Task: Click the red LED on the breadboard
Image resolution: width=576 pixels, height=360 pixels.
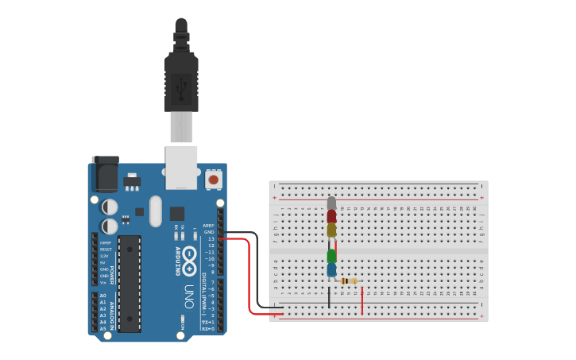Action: [331, 215]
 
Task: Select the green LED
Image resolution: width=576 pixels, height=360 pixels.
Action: [331, 256]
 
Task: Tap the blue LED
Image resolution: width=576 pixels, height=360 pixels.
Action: [331, 270]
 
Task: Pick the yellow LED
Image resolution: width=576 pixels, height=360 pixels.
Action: [331, 230]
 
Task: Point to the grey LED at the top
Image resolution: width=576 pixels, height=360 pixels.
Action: [331, 203]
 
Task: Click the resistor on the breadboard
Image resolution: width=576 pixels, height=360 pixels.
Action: [348, 281]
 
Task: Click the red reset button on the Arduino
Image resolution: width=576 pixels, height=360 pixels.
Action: [213, 180]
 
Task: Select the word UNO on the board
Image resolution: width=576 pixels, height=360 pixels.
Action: [189, 295]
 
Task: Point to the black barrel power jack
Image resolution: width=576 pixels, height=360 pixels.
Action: [105, 173]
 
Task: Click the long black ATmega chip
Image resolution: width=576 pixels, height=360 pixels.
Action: [130, 282]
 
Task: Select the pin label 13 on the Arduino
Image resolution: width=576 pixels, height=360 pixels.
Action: [211, 238]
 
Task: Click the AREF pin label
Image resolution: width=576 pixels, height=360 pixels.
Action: [209, 226]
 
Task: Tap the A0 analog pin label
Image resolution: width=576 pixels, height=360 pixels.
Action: [102, 295]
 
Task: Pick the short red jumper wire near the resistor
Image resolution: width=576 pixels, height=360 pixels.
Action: [362, 301]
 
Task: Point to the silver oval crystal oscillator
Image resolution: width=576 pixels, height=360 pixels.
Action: [155, 211]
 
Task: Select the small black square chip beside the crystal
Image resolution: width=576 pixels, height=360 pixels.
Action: [176, 213]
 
